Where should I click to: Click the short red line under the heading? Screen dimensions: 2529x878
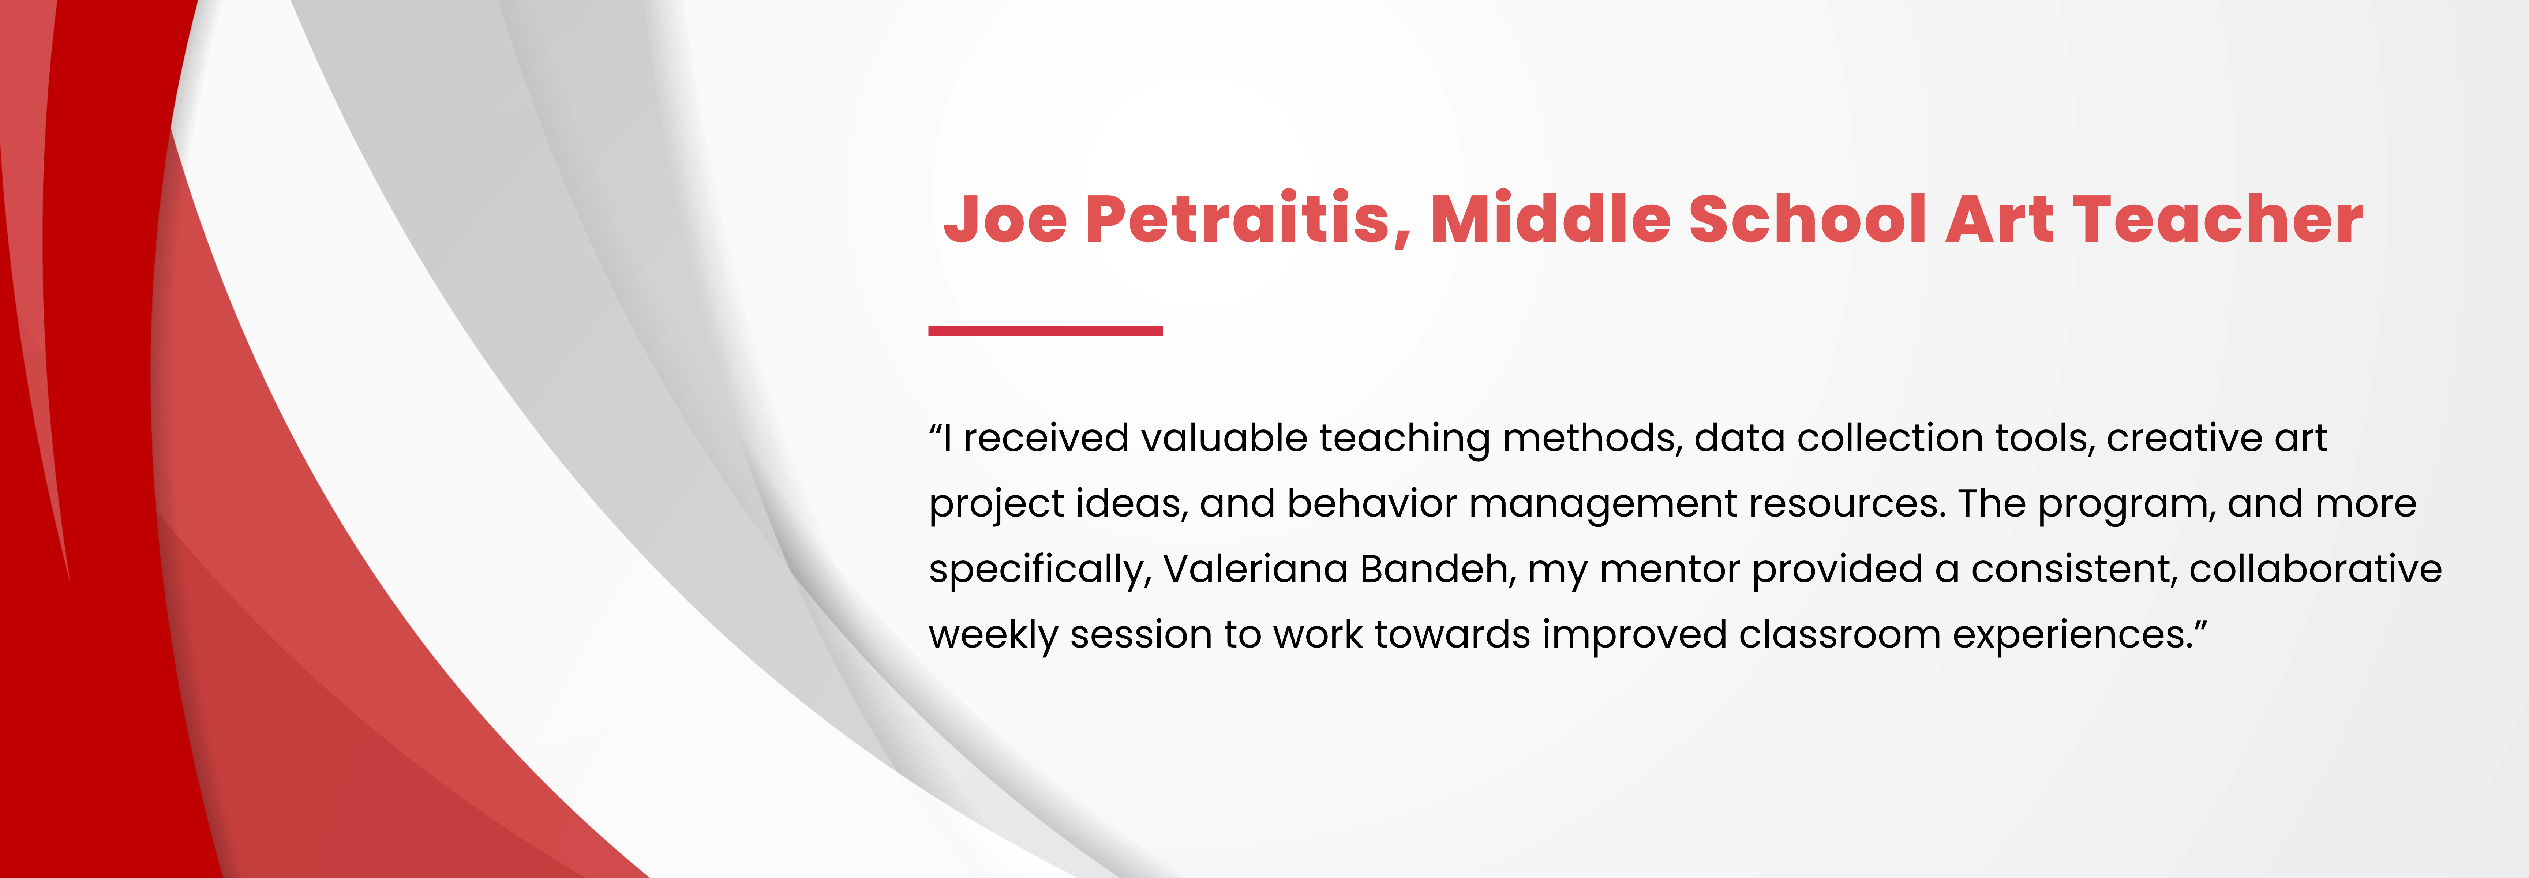point(1046,331)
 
